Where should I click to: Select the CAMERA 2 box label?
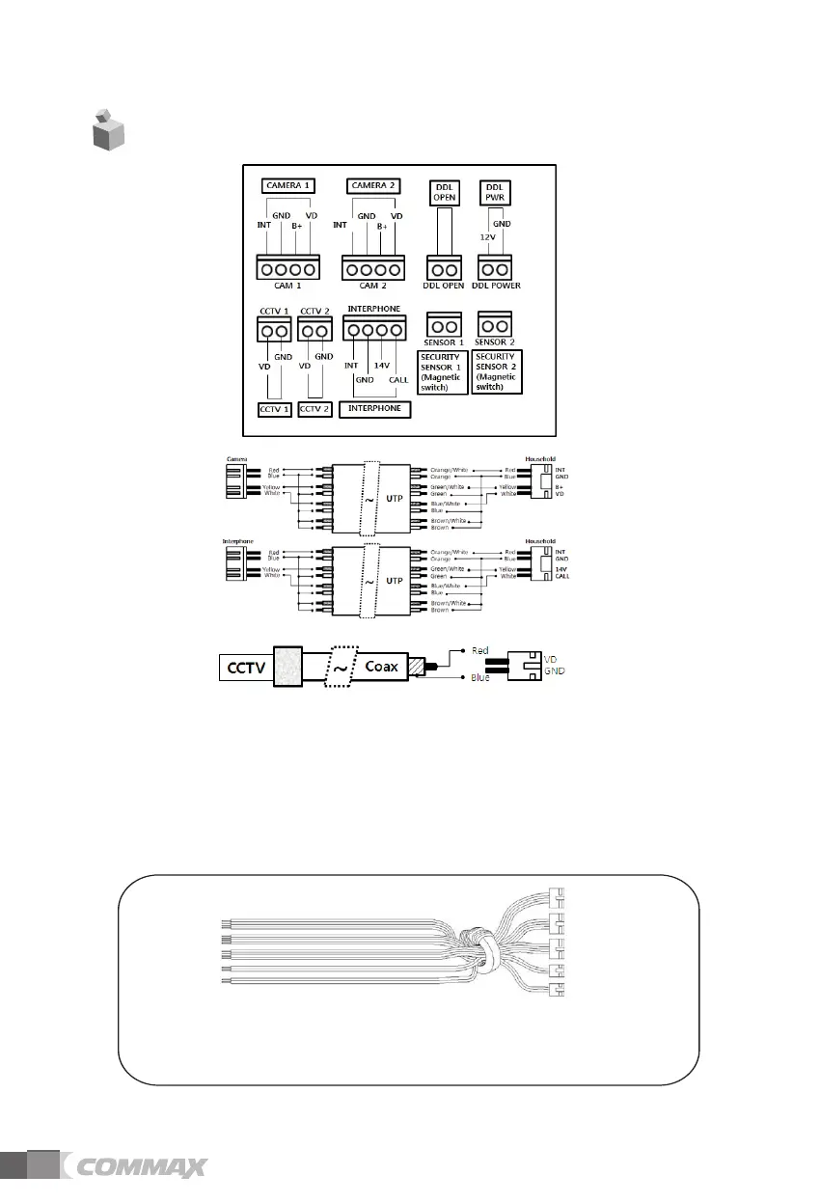click(x=373, y=184)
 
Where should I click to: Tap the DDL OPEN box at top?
click(x=445, y=191)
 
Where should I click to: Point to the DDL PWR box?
click(x=494, y=191)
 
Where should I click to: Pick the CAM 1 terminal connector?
click(x=287, y=267)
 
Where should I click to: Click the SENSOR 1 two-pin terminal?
click(x=444, y=326)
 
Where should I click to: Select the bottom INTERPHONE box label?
click(x=375, y=409)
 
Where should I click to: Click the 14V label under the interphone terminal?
click(x=381, y=366)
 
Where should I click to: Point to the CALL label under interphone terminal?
click(x=398, y=379)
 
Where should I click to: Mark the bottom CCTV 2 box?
click(x=315, y=409)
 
